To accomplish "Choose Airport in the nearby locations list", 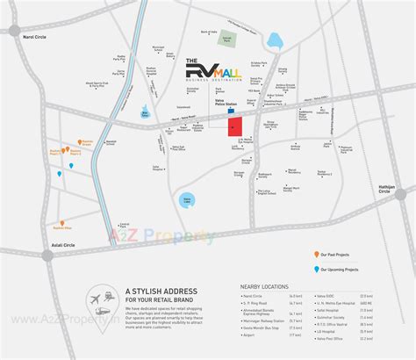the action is (x=251, y=335).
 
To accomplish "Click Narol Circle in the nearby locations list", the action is (x=255, y=298).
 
